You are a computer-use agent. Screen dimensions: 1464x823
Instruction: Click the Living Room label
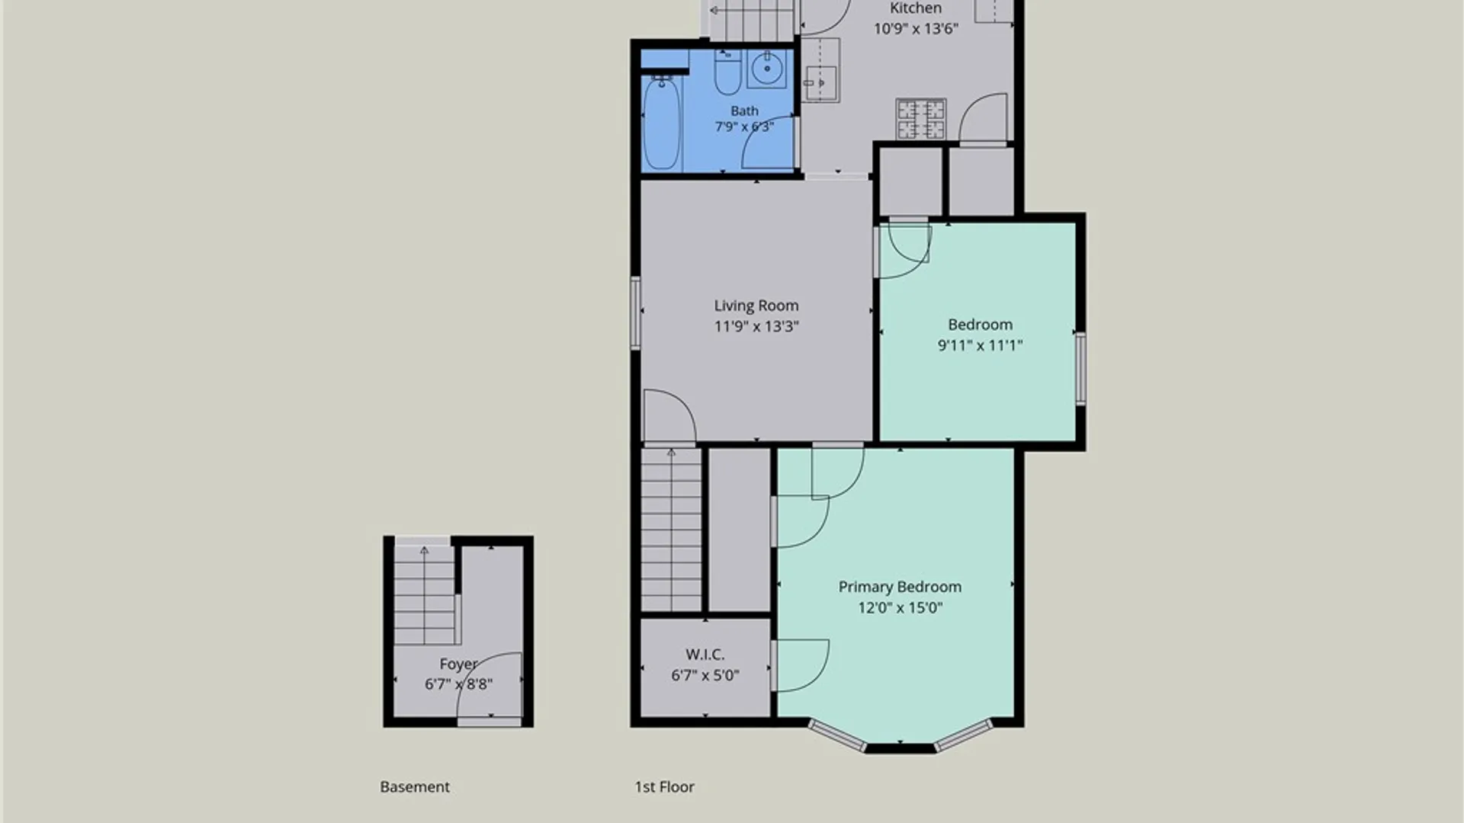(756, 306)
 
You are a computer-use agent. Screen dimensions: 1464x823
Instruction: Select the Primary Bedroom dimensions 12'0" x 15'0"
(901, 607)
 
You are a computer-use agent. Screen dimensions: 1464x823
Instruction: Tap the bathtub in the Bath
(661, 123)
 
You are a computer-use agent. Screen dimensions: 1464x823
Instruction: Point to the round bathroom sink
(766, 69)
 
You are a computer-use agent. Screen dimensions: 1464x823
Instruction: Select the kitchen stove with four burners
(921, 119)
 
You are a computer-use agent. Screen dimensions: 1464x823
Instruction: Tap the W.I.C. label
(705, 655)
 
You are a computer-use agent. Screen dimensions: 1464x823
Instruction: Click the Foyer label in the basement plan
(458, 664)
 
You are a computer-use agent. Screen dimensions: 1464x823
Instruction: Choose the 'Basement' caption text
(415, 786)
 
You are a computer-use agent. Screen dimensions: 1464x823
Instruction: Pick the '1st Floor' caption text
(665, 786)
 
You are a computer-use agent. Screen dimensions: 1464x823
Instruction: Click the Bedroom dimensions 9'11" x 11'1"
(981, 345)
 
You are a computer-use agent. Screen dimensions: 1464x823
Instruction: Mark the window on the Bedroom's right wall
(1081, 369)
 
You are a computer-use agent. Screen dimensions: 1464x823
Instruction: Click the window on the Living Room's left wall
(634, 313)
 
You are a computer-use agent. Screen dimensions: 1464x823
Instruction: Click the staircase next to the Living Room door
(671, 530)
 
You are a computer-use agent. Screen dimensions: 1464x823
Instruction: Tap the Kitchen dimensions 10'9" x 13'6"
(916, 29)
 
